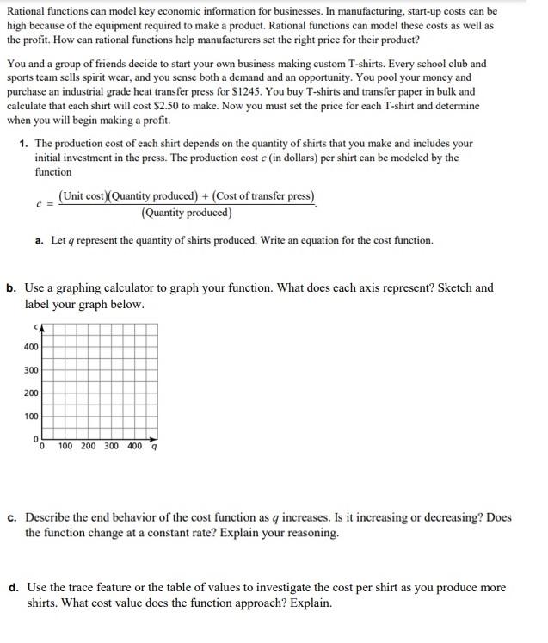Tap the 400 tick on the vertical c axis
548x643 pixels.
click(x=31, y=347)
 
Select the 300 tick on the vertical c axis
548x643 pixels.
click(x=31, y=370)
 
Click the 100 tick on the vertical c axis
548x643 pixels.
click(x=31, y=417)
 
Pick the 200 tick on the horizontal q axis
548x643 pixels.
click(x=89, y=446)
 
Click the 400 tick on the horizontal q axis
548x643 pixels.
click(x=135, y=446)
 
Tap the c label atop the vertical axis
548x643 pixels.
click(x=37, y=325)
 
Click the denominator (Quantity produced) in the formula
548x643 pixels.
click(x=187, y=213)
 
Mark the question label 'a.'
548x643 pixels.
click(x=40, y=240)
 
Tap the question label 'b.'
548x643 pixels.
click(x=11, y=287)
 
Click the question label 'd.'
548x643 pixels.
click(x=14, y=588)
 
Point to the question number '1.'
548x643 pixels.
click(x=23, y=144)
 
